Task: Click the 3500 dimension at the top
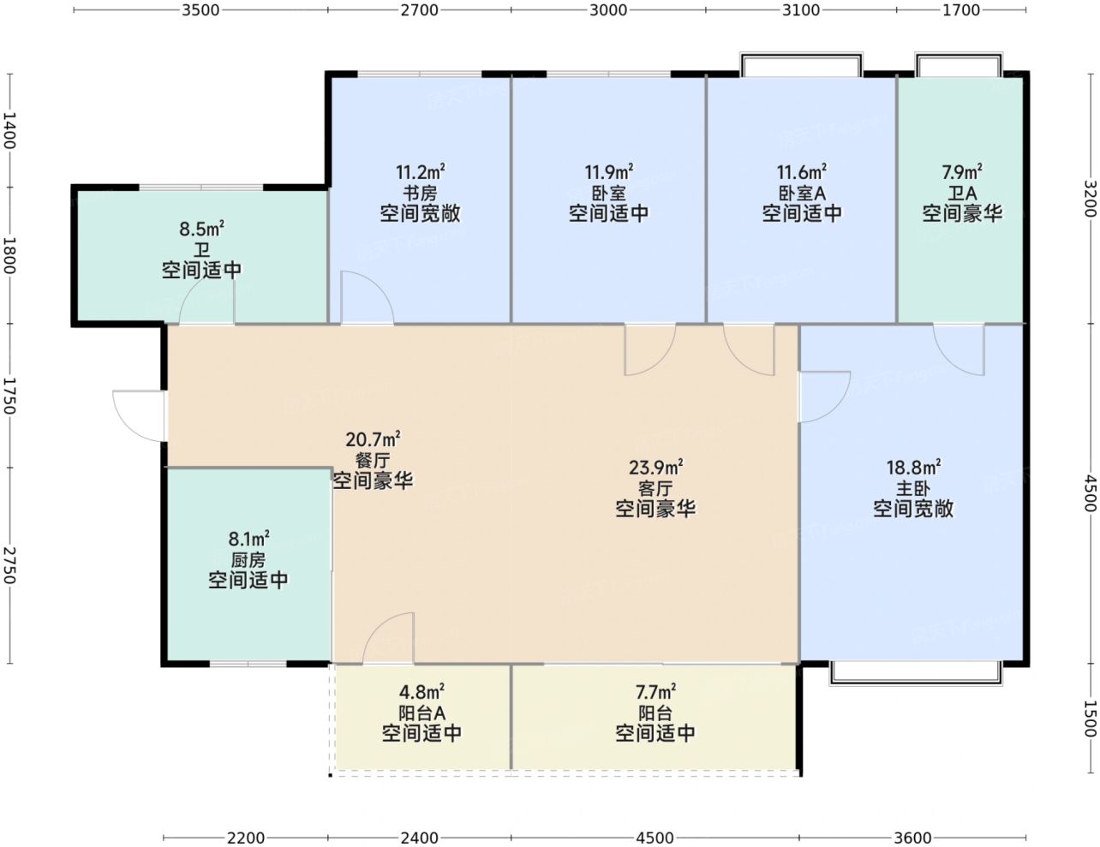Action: click(x=201, y=10)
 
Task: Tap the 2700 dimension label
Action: click(x=419, y=10)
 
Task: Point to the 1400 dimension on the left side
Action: click(x=9, y=130)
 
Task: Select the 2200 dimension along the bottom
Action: click(x=246, y=838)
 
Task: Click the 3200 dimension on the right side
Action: click(x=1091, y=199)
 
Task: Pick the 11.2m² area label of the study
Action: click(x=420, y=172)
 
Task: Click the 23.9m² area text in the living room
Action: click(x=656, y=467)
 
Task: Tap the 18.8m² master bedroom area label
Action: click(x=914, y=467)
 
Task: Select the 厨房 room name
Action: click(x=248, y=560)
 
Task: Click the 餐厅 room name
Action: click(x=373, y=460)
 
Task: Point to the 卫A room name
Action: click(x=962, y=193)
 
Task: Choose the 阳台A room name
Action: click(x=421, y=713)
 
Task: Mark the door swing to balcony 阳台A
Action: click(x=388, y=637)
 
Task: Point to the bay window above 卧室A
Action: click(x=801, y=64)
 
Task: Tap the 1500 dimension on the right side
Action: click(x=1091, y=719)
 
